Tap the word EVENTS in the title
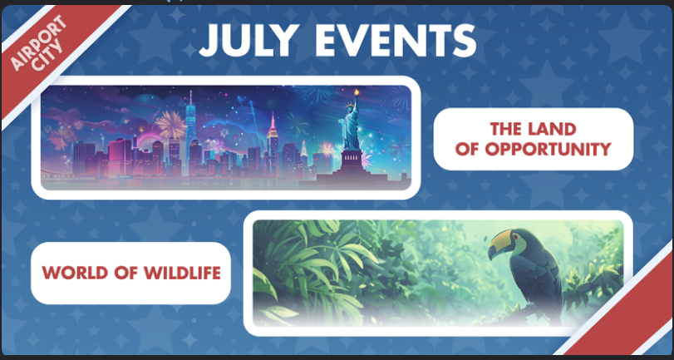[x=399, y=40]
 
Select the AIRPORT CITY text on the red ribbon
[x=37, y=44]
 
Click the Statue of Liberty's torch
[x=356, y=93]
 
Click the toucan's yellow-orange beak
[x=500, y=243]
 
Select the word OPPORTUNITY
[x=551, y=150]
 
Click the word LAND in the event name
[x=554, y=129]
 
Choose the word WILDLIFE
[x=182, y=273]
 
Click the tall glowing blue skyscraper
[x=190, y=133]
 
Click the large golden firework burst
[x=170, y=125]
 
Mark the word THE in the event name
[x=509, y=129]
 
